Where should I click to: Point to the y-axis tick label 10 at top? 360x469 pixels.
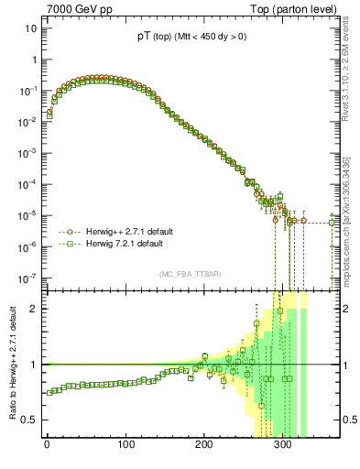(28, 28)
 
